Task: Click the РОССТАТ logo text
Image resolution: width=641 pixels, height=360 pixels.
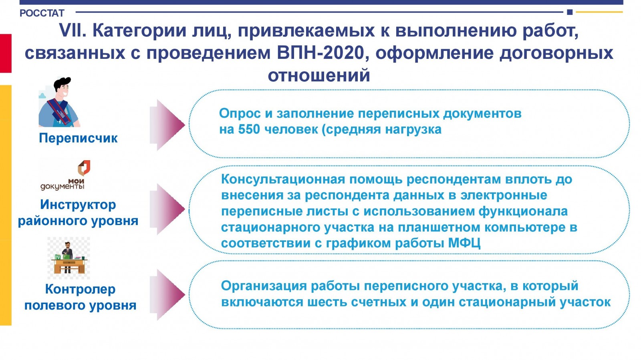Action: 42,13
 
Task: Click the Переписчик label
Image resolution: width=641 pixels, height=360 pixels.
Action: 78,138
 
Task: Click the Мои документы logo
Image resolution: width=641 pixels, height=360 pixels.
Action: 66,175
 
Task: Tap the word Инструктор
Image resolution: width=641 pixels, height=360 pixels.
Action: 78,205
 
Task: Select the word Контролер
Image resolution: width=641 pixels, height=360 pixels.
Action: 80,289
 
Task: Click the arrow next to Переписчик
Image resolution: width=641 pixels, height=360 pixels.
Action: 167,125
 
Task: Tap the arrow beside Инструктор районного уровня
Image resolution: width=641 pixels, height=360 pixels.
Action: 167,209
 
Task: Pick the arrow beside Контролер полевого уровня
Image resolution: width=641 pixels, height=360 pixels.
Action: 167,294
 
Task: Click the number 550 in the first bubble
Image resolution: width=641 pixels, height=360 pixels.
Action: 249,129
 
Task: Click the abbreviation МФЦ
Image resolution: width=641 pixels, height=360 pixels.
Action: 464,243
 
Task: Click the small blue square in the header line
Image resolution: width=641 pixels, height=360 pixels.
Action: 570,12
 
